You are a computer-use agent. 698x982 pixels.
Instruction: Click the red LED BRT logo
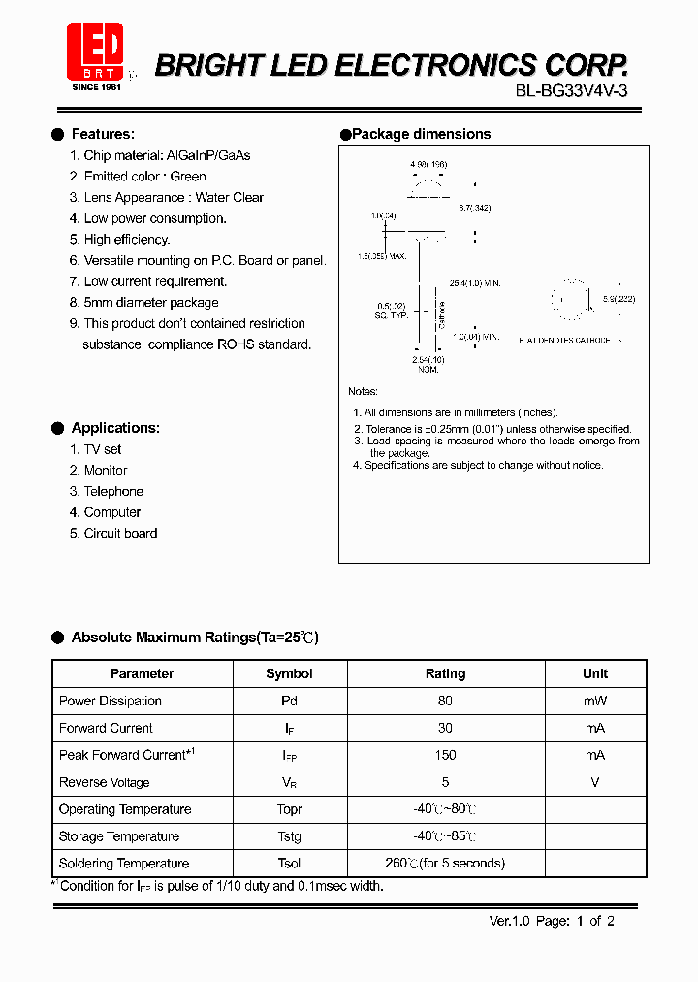coord(94,51)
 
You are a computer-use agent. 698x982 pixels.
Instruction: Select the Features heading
coord(103,134)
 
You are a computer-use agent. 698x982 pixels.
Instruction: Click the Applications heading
coord(115,428)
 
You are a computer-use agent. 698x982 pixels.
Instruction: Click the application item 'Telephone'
coord(113,491)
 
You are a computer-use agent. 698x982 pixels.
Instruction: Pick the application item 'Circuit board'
coord(120,533)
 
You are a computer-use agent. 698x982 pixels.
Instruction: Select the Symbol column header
coord(289,673)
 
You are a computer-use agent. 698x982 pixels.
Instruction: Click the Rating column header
coord(445,673)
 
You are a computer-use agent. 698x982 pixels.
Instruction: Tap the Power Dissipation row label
coord(111,701)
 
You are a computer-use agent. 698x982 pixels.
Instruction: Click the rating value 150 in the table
coord(445,755)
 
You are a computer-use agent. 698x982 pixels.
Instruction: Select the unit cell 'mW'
coord(594,701)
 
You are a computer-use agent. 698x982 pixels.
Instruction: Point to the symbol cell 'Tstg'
coord(289,836)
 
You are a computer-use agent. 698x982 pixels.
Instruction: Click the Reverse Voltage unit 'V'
coord(594,782)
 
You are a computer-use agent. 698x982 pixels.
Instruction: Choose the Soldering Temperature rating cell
coord(445,864)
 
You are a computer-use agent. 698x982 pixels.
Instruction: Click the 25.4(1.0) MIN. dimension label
coord(475,283)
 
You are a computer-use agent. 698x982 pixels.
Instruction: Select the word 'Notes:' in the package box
coord(364,391)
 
